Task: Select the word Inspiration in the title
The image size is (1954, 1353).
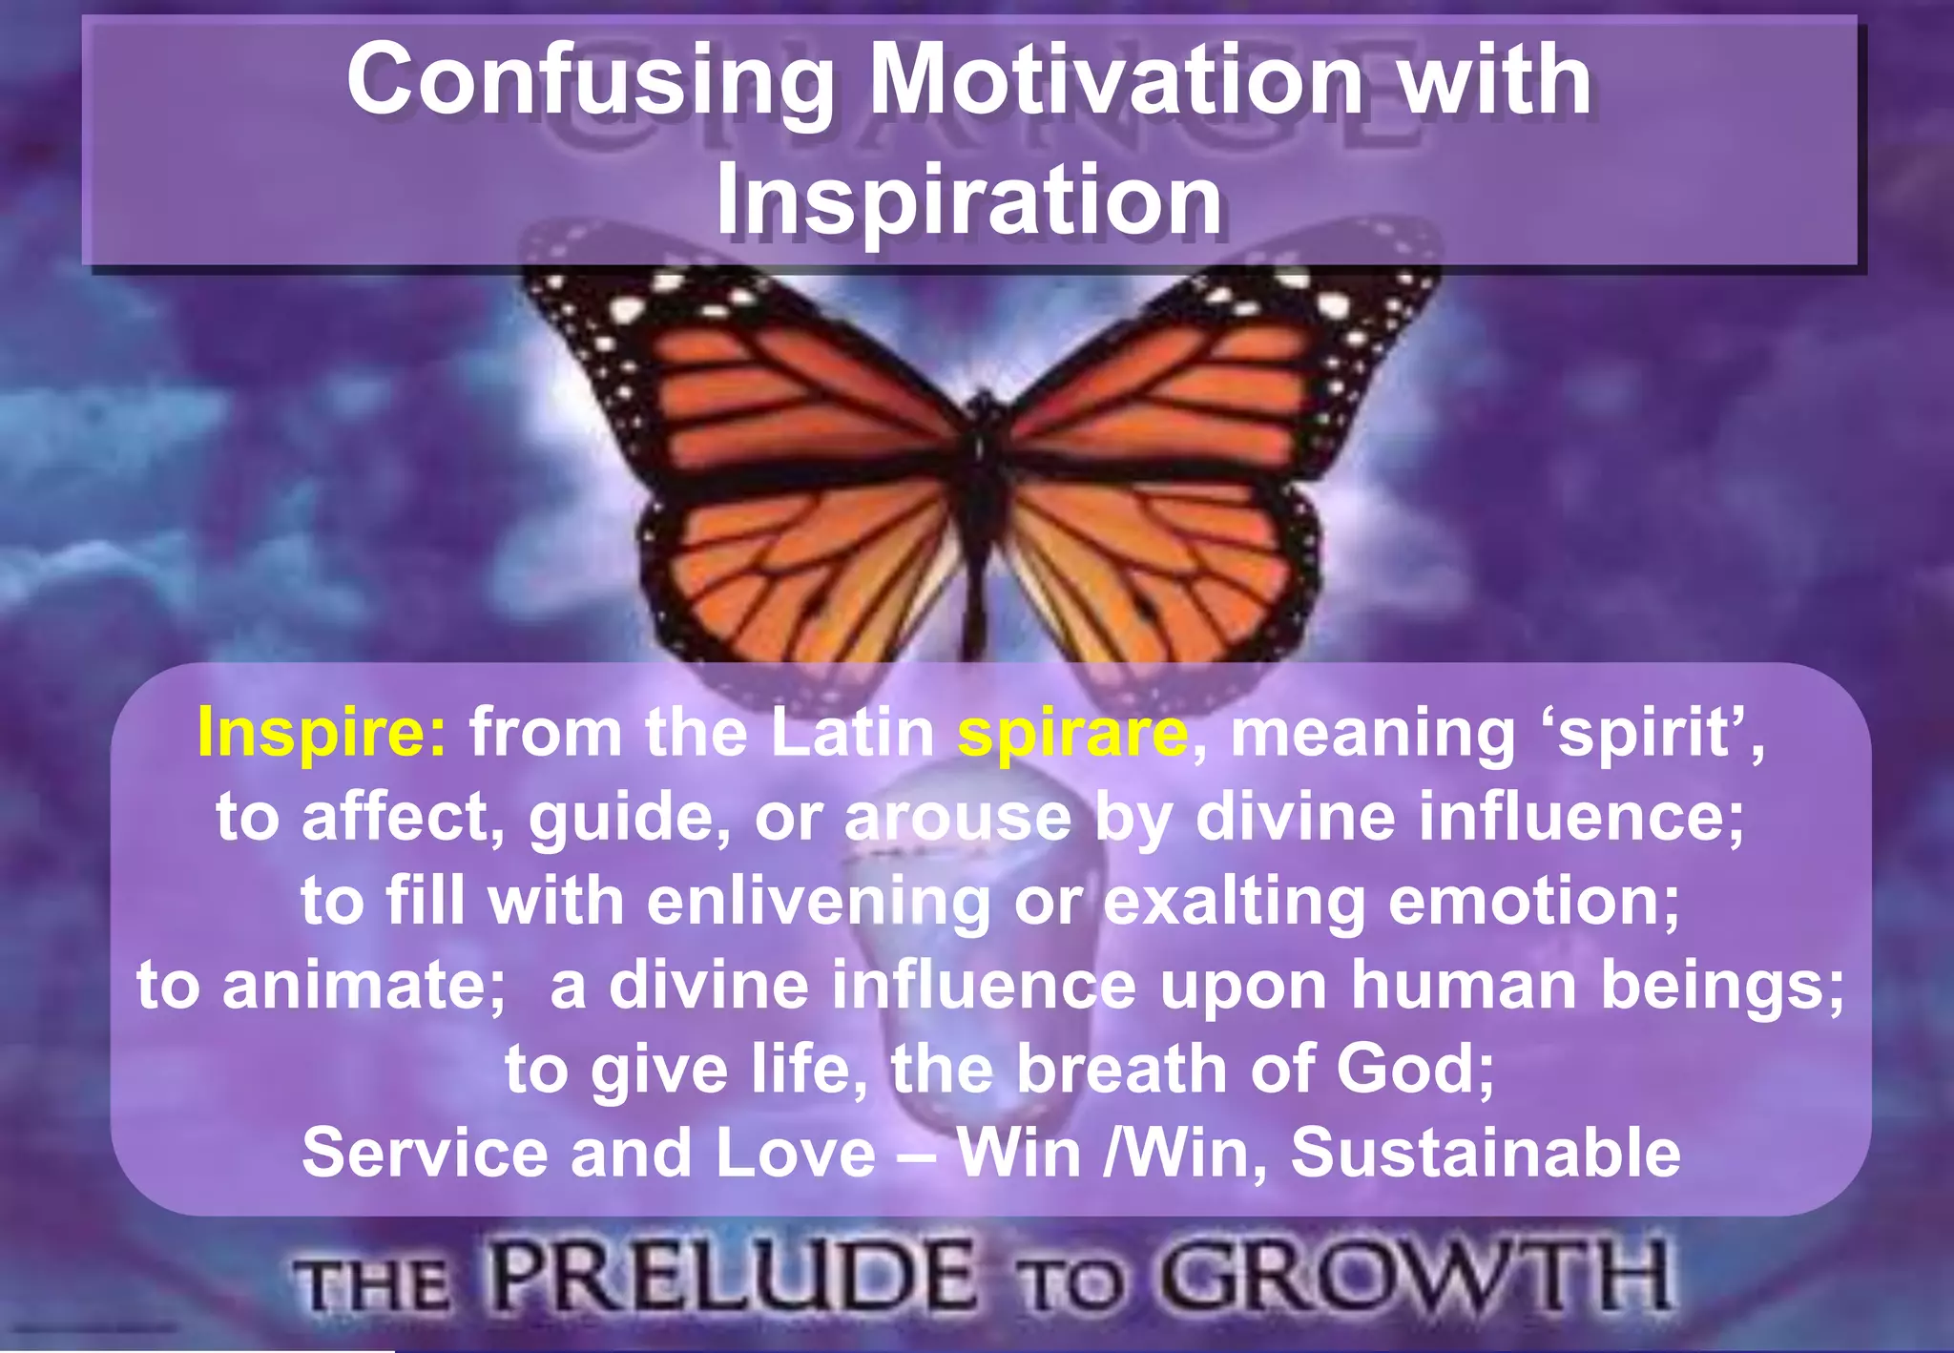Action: [968, 200]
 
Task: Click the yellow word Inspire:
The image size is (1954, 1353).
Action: [322, 734]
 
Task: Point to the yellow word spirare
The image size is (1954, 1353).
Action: [1072, 734]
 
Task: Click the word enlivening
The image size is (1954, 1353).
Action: [819, 902]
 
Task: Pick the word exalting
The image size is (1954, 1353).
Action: [1234, 902]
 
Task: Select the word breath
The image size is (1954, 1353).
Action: [1121, 1069]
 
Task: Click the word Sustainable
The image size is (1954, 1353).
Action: [1485, 1153]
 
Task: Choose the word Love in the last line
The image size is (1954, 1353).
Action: [795, 1153]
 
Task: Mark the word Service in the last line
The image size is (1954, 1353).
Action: [425, 1153]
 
